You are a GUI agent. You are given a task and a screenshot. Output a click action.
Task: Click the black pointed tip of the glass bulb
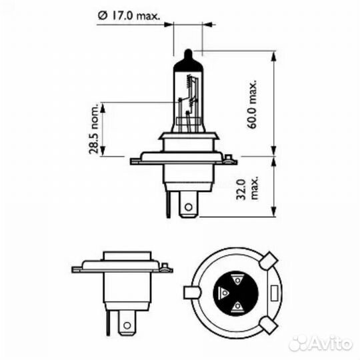(x=187, y=53)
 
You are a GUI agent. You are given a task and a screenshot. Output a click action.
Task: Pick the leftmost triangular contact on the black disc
(x=224, y=293)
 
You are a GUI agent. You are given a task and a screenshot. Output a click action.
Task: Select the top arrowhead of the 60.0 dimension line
(x=273, y=53)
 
